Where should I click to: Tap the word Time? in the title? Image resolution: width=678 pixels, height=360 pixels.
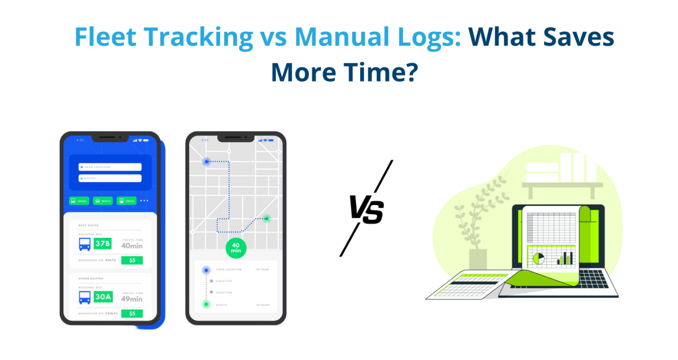tap(381, 73)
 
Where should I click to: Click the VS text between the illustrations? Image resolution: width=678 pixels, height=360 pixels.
tap(366, 208)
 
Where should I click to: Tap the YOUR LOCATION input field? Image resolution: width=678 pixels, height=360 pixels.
tap(110, 167)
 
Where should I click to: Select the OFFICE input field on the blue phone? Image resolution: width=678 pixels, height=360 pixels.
tap(110, 178)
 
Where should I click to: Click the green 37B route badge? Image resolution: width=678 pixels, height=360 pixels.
tap(102, 244)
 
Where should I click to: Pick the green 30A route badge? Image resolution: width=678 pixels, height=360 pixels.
tap(102, 297)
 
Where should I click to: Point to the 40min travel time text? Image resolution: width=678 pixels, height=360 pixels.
tap(132, 246)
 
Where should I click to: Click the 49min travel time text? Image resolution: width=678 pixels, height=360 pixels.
tap(132, 299)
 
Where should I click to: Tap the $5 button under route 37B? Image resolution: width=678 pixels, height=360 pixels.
tap(132, 260)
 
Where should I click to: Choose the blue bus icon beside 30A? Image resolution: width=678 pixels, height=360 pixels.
tap(85, 297)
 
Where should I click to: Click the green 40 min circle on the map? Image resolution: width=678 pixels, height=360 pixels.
tap(236, 248)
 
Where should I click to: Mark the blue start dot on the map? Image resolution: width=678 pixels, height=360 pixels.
tap(206, 161)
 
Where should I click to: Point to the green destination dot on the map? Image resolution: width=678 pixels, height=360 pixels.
tap(267, 218)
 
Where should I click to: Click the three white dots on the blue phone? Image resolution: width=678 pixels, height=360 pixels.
tap(145, 201)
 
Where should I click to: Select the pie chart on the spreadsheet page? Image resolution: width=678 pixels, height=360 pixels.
tap(538, 258)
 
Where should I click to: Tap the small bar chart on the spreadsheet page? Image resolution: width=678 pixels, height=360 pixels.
tap(565, 258)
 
